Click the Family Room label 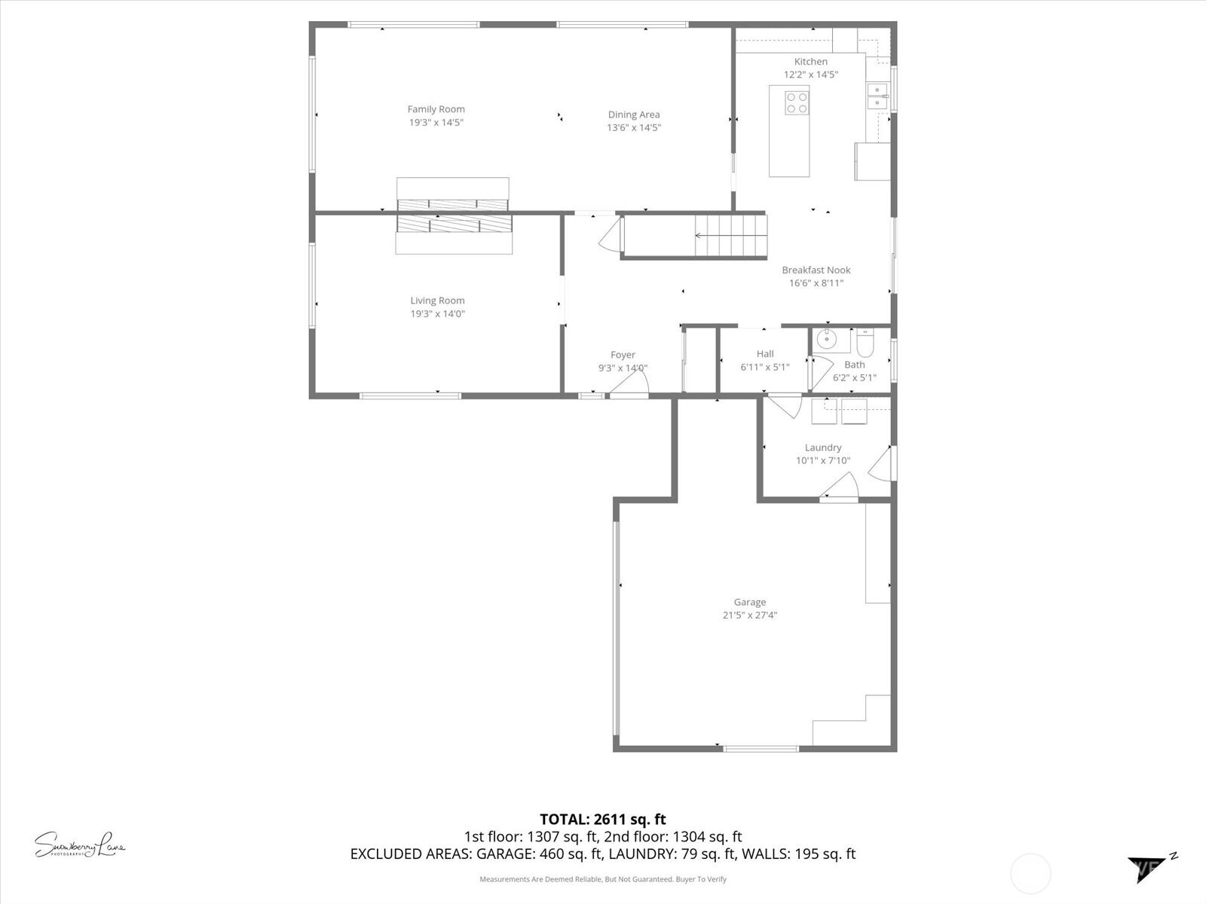[x=436, y=109]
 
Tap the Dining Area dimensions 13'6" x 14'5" [x=634, y=128]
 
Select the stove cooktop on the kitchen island [x=797, y=102]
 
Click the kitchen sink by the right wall [x=877, y=96]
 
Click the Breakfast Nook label [x=816, y=270]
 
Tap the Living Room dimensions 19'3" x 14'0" [x=437, y=314]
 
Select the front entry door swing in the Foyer [x=629, y=386]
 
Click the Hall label [x=765, y=354]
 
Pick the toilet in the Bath [x=865, y=345]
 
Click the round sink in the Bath [x=827, y=339]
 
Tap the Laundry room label [x=822, y=447]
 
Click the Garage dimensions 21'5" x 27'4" [x=749, y=615]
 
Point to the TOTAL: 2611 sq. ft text [x=602, y=819]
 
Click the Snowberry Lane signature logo [x=79, y=844]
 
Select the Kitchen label [x=810, y=62]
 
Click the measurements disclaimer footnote [x=602, y=879]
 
